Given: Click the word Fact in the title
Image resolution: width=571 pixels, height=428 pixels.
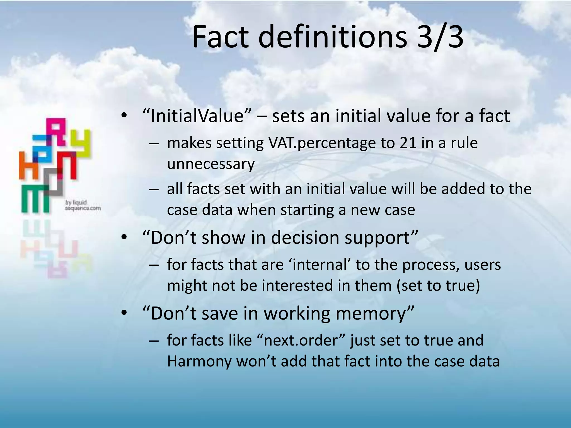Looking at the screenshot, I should [x=220, y=37].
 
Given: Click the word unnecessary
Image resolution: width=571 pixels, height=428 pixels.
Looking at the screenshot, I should [x=211, y=164].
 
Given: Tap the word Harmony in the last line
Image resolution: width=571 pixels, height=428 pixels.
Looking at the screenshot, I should [x=199, y=361].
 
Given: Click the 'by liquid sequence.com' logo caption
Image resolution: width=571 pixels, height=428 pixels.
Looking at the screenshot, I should [x=83, y=205].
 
